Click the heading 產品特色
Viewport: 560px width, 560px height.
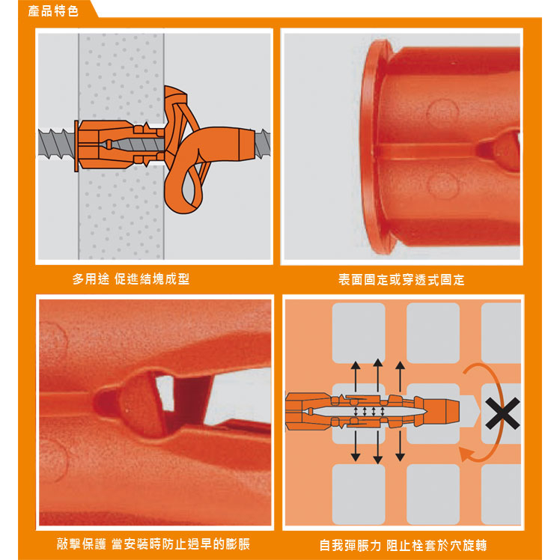(53, 10)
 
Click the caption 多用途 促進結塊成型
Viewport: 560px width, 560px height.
(131, 279)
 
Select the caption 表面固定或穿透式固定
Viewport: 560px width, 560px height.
(401, 280)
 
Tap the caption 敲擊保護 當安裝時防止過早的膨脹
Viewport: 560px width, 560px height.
(153, 544)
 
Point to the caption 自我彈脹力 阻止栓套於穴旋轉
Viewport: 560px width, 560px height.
(404, 545)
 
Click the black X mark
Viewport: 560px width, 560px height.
(502, 413)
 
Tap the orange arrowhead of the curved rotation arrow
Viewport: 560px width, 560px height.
(466, 454)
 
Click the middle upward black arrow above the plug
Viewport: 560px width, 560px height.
(378, 375)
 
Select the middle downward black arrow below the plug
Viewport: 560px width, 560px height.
(378, 447)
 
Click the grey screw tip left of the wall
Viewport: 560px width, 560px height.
(56, 144)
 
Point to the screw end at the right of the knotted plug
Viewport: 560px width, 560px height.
(263, 143)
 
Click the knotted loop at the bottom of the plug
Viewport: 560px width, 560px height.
(188, 189)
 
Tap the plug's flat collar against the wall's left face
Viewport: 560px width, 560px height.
(76, 146)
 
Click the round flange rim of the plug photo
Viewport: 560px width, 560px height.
(374, 147)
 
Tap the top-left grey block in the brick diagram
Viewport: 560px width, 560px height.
(359, 333)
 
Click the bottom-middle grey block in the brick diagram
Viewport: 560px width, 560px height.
(433, 494)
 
